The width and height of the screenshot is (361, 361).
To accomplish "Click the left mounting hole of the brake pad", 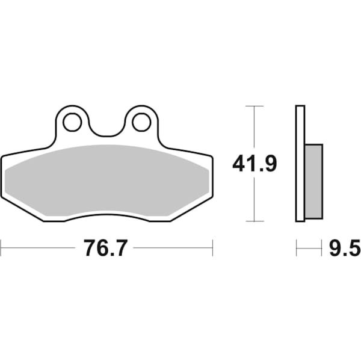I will click(x=72, y=122).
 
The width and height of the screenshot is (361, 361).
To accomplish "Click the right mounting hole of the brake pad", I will click(x=141, y=122).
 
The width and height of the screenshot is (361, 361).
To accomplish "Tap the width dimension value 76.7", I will click(x=106, y=247).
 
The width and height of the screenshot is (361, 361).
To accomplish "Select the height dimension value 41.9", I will click(x=255, y=163).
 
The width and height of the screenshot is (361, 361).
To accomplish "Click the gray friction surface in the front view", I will click(x=106, y=179).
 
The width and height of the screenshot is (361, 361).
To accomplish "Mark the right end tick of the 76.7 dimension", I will click(x=212, y=247).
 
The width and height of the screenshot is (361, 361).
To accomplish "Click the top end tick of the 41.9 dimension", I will click(x=255, y=106).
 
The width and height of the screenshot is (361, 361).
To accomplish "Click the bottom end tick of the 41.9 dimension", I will click(x=255, y=221).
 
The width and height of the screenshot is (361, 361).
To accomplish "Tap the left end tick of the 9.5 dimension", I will click(x=296, y=247).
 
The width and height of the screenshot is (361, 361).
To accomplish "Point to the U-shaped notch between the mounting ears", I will click(x=106, y=134).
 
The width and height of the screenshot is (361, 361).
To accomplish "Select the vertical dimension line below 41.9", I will click(x=255, y=199).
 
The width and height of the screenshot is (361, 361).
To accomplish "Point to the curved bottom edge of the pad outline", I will click(x=106, y=214).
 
